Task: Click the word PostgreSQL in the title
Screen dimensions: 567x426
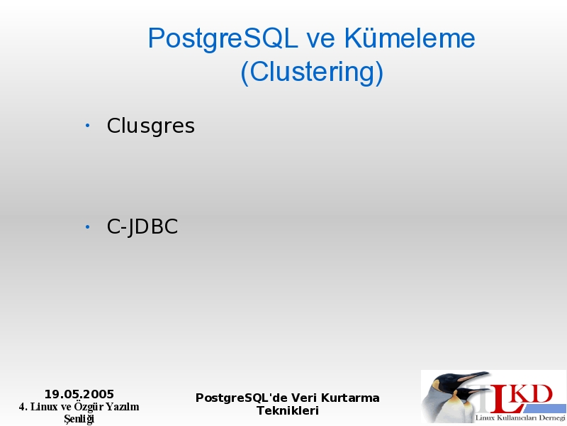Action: pos(223,39)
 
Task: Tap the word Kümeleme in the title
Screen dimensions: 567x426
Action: pos(409,38)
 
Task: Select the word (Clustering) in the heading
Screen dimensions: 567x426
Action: pos(312,72)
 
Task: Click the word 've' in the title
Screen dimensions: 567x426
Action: pos(321,40)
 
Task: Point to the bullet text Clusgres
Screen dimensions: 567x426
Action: pos(150,126)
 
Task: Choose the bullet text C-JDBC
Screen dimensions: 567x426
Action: pos(142,227)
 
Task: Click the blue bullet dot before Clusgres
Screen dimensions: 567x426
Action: pos(87,126)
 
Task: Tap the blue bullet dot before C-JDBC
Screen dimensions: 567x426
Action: pos(87,227)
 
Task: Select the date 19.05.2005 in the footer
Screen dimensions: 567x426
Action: pos(79,394)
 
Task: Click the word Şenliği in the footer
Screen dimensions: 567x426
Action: pos(79,419)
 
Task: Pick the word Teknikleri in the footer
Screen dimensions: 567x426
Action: pos(288,411)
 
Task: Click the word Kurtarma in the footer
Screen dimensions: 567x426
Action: pos(350,398)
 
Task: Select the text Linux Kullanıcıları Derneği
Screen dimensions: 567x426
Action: pos(520,418)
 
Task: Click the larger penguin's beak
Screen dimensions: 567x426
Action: pos(473,376)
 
